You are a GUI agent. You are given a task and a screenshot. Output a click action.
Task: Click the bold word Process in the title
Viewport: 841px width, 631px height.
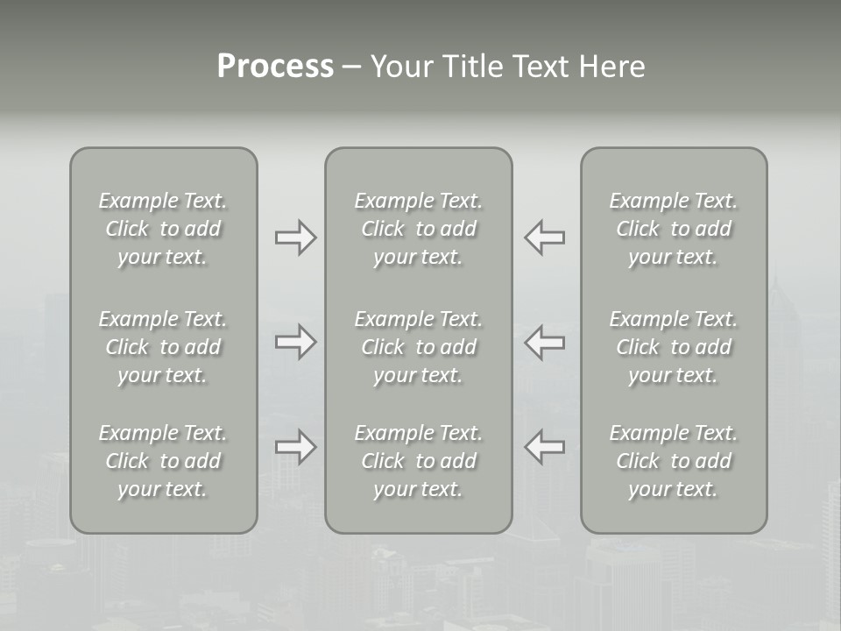275,67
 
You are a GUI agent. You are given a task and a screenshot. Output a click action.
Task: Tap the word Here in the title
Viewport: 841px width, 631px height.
611,67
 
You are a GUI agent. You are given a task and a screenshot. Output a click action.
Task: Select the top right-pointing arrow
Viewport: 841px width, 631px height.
295,238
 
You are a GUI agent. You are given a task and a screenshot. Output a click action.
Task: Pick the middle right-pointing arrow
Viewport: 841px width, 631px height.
295,342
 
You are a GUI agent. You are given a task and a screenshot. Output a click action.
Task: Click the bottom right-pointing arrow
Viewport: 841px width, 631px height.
295,447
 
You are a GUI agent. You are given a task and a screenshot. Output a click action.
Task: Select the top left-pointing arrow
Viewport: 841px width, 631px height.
544,238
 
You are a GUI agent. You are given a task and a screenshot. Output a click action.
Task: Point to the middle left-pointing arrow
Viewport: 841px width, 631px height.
544,342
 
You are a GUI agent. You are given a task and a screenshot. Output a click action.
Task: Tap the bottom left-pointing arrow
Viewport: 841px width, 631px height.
544,447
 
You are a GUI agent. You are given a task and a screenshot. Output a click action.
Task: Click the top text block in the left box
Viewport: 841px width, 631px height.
163,229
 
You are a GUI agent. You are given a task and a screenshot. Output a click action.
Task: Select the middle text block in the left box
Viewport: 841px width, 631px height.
163,347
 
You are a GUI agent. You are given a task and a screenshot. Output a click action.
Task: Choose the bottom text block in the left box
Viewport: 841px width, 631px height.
163,461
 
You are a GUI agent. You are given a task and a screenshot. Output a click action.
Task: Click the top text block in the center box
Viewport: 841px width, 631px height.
418,229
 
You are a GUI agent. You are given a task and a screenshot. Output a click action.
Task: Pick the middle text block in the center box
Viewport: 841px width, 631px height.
418,347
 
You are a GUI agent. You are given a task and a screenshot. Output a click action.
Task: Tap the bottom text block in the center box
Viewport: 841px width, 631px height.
418,461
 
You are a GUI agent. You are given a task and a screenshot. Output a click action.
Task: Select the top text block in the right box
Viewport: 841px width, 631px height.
674,229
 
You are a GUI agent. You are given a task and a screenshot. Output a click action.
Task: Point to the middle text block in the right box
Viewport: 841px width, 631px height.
674,347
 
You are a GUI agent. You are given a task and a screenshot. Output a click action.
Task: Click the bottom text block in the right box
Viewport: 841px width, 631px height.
674,461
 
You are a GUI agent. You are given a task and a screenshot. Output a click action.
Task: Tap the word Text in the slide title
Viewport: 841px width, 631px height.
538,67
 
